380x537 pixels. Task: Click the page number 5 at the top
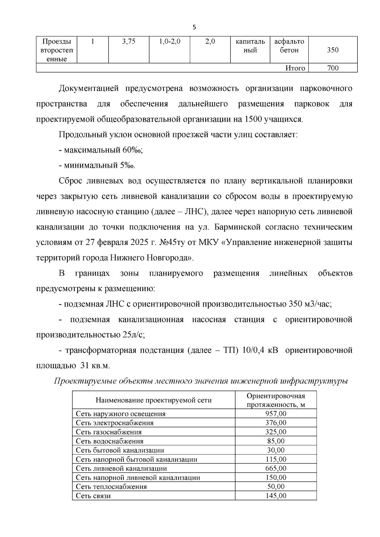(x=194, y=28)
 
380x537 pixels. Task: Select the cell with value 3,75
(x=129, y=41)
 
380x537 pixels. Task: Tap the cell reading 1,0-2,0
(x=169, y=41)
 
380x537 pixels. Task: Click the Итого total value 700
(x=332, y=68)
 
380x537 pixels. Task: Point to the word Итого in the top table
(x=295, y=68)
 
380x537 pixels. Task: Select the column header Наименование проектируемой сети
(x=154, y=400)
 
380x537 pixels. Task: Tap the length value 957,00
(x=275, y=414)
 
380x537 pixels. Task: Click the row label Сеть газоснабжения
(x=109, y=432)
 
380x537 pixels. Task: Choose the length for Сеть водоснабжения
(x=275, y=441)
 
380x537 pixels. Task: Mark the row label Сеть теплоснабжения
(x=111, y=487)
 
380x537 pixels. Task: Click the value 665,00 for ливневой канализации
(x=275, y=468)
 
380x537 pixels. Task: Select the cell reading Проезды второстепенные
(x=57, y=50)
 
